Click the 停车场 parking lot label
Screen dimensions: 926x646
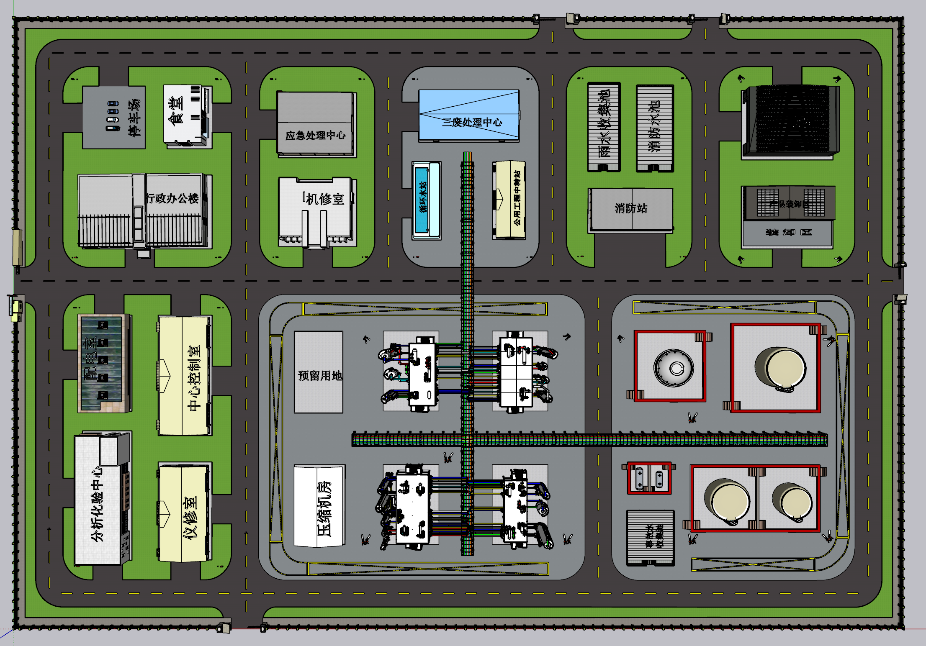(134, 118)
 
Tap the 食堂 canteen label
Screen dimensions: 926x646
(176, 111)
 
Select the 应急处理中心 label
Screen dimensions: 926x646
(315, 135)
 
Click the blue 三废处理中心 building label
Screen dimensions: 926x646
(472, 122)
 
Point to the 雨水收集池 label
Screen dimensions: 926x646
(604, 124)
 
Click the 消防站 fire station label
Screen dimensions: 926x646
(631, 208)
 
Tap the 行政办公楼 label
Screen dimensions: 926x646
(172, 198)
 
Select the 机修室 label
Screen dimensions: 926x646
(324, 199)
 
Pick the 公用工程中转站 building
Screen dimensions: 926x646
(509, 200)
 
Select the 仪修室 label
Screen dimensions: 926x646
(190, 518)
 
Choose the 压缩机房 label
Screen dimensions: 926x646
(324, 508)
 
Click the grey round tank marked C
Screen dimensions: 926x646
(674, 368)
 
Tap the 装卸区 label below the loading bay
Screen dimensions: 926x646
(788, 232)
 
